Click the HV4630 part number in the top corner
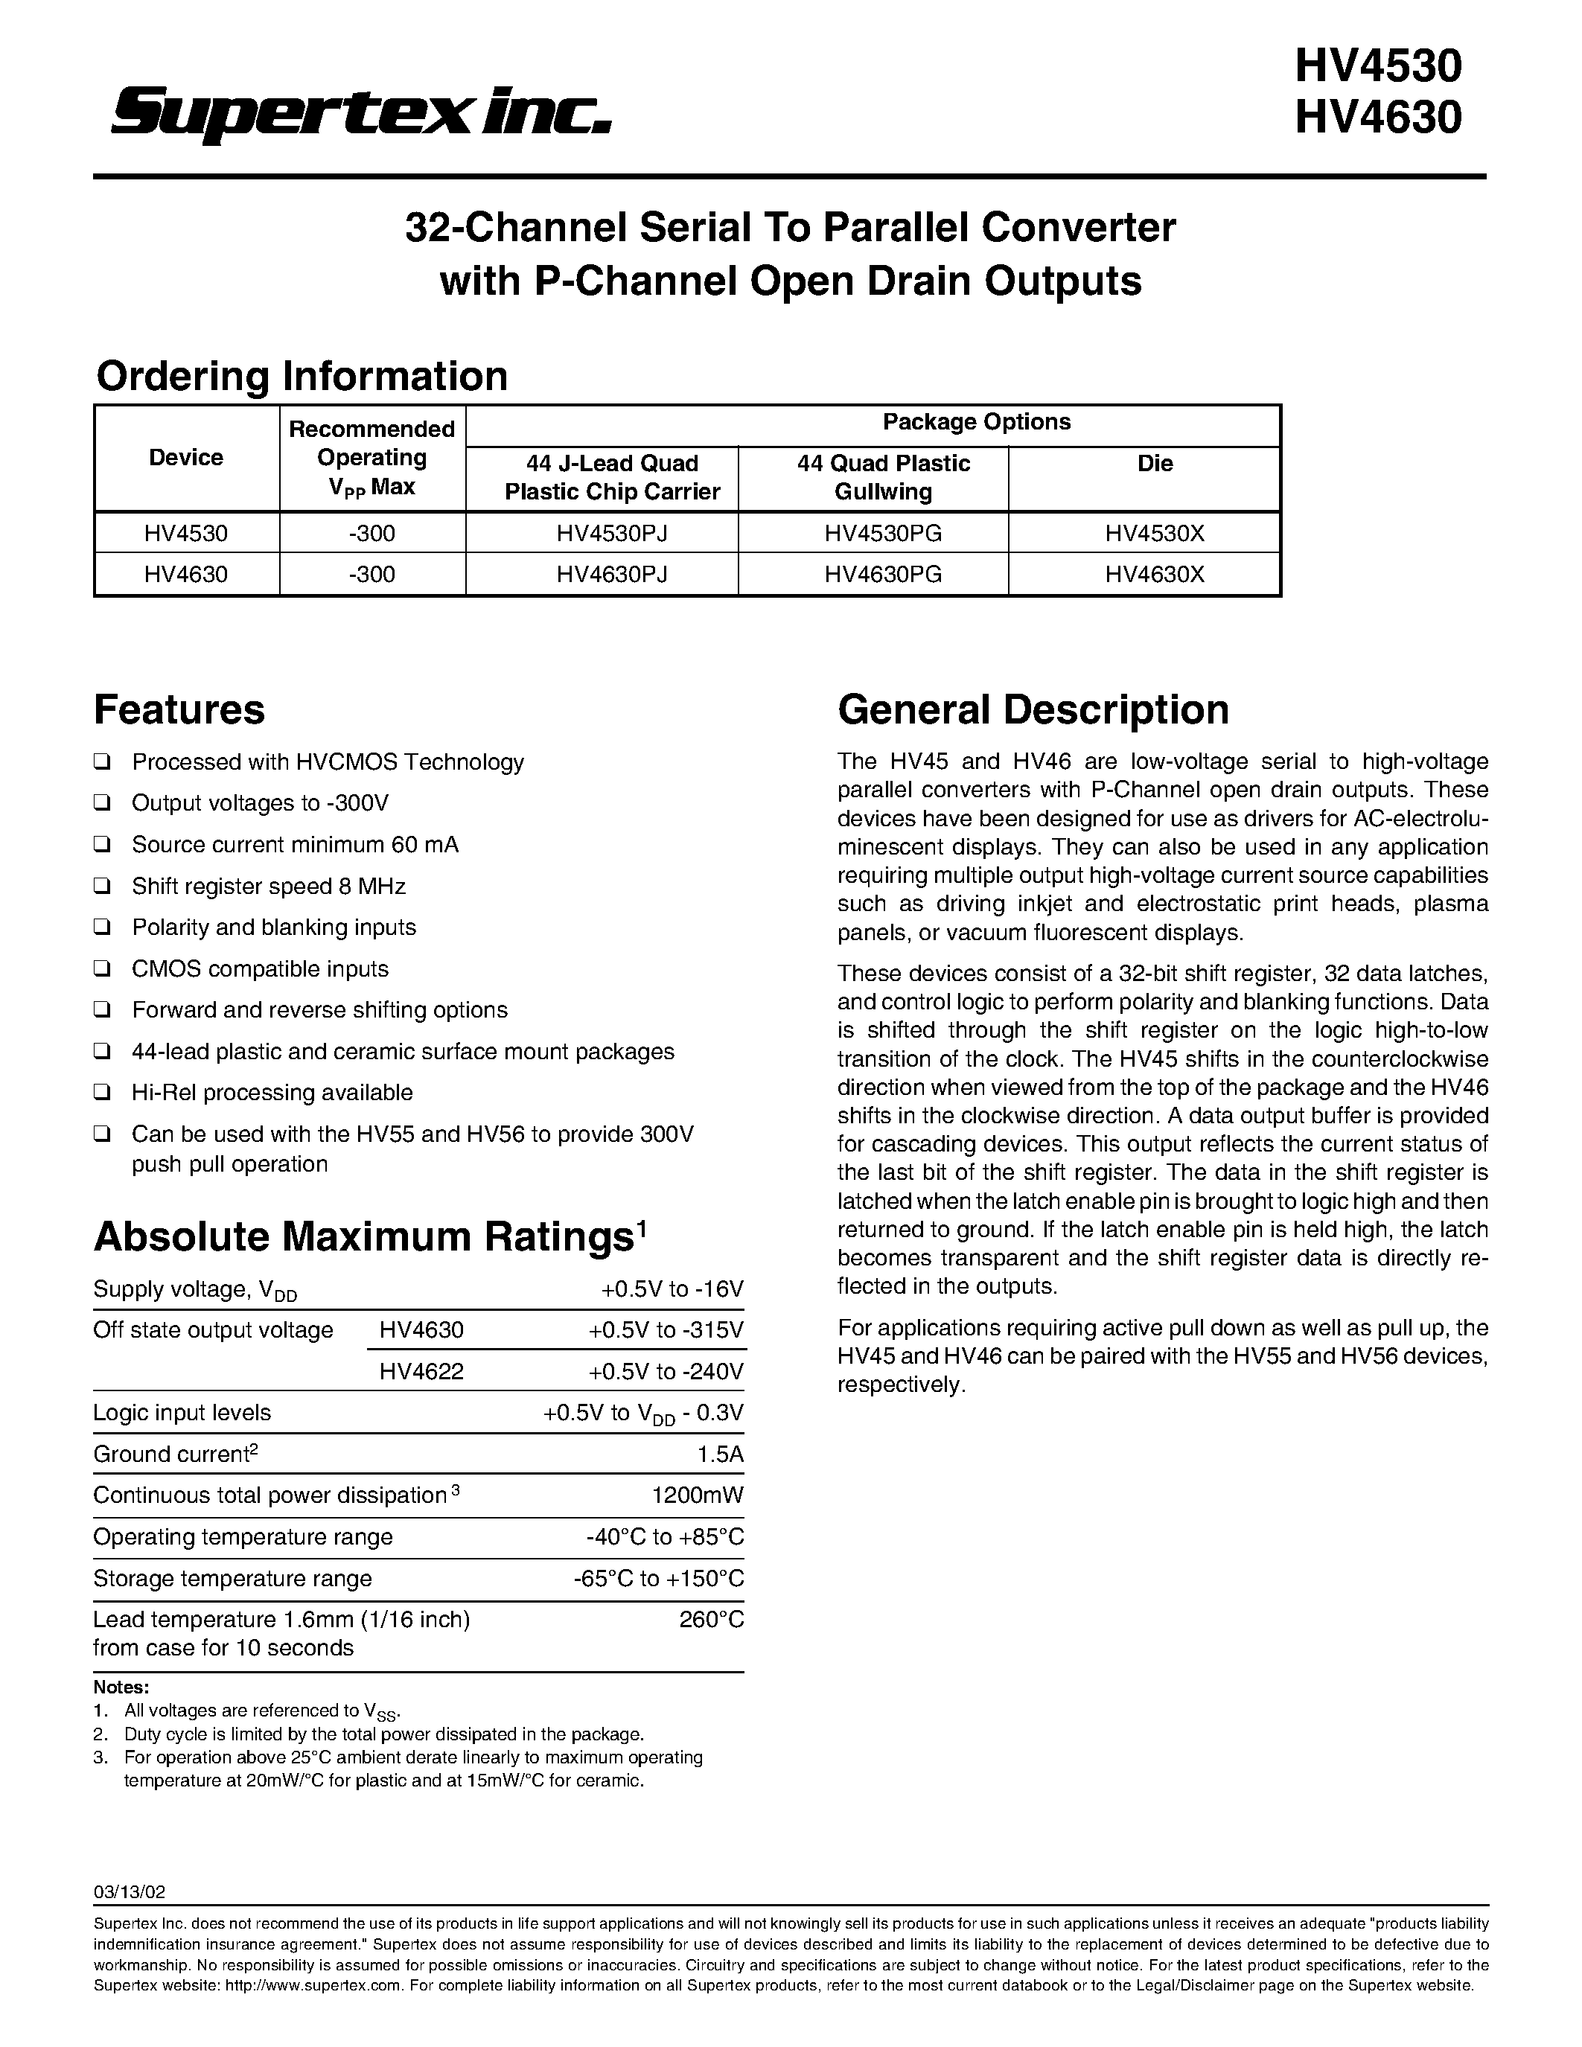[x=1378, y=118]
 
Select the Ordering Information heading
[x=302, y=376]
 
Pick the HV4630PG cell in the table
[x=882, y=574]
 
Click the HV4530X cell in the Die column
[x=1154, y=533]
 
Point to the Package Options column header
[x=976, y=422]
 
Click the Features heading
[x=179, y=709]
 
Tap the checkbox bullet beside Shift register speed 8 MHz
[x=102, y=886]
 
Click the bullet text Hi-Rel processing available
[x=272, y=1092]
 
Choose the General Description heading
[x=1033, y=709]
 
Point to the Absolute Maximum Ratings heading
[x=363, y=1236]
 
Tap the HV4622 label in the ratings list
[x=421, y=1371]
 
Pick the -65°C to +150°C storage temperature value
[x=659, y=1578]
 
